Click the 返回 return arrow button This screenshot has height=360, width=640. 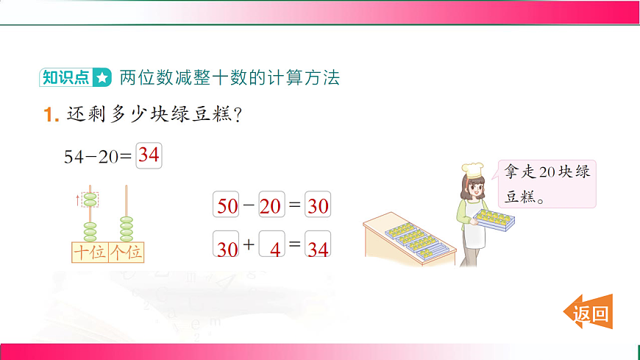coord(589,314)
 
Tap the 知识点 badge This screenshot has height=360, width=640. coord(66,77)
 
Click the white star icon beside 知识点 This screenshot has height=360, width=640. coord(102,77)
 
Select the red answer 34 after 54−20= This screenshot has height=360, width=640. coord(149,155)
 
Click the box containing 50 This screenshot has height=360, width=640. coord(227,205)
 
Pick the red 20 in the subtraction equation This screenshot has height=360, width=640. coord(271,205)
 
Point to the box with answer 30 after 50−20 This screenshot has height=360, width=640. coord(318,205)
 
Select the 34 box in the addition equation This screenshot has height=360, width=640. coord(318,248)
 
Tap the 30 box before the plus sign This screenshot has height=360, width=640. coord(227,248)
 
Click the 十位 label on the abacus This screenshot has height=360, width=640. coord(89,253)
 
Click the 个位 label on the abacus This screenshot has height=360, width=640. coord(127,253)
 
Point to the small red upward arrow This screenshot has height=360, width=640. coord(77,199)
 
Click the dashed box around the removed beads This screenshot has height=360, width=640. coord(90,199)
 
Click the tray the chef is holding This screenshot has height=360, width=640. coord(494,217)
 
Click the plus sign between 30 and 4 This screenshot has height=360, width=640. coord(248,246)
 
